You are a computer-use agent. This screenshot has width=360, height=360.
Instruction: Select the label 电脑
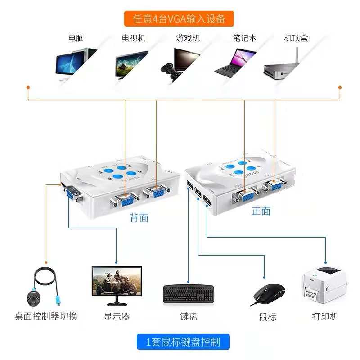(x=76, y=38)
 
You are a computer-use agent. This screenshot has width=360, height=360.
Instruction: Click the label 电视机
(x=134, y=38)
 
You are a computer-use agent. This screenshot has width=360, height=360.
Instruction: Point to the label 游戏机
(x=188, y=38)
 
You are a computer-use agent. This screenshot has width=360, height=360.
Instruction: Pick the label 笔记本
(x=244, y=38)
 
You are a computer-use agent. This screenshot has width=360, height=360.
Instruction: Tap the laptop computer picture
(x=235, y=62)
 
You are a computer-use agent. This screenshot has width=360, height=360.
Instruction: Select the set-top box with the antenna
(x=283, y=65)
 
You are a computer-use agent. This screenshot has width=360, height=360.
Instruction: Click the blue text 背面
(x=139, y=218)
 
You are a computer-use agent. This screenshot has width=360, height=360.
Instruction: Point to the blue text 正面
(x=261, y=211)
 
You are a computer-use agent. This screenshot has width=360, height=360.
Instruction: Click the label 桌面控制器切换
(x=46, y=316)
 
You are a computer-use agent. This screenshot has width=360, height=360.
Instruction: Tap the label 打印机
(x=325, y=316)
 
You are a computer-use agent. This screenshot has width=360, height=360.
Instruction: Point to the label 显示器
(x=117, y=316)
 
